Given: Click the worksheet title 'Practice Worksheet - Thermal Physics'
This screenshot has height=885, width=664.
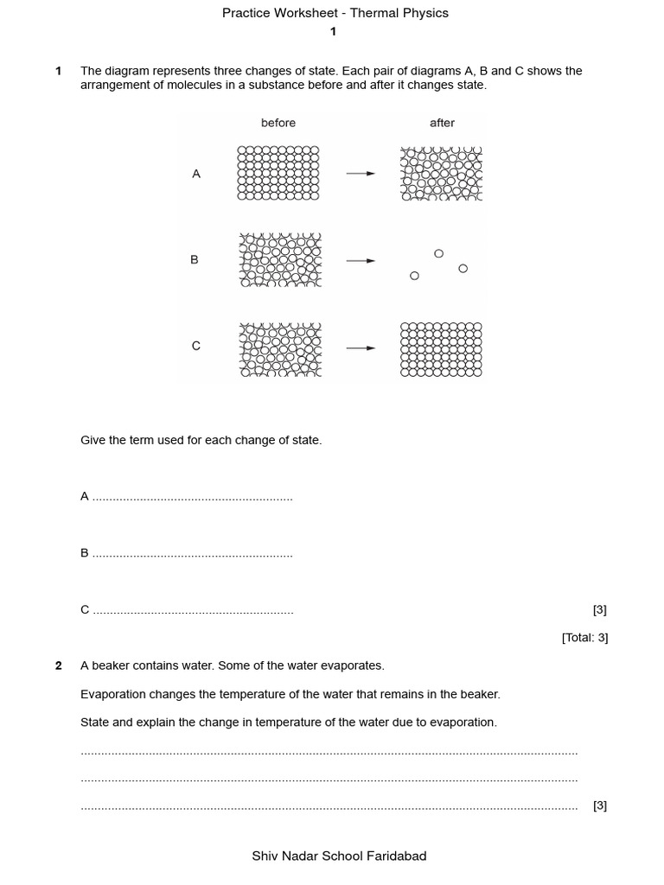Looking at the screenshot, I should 335,13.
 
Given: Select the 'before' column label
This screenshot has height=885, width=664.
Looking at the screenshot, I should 278,123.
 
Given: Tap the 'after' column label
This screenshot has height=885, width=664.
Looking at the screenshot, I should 442,123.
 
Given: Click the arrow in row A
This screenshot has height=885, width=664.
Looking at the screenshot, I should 361,174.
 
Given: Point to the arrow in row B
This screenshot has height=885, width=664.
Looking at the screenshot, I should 361,260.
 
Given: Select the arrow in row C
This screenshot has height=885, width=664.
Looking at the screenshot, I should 361,348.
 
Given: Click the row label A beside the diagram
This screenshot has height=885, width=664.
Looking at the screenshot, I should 196,174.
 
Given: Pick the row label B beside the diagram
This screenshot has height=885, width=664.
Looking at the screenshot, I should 195,259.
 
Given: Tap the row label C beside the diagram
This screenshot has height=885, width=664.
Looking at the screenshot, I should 196,346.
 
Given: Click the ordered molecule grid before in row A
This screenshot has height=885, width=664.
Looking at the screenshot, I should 278,173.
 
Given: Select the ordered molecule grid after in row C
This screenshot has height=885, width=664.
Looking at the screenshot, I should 441,349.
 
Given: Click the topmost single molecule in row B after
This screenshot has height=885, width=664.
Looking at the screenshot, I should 438,253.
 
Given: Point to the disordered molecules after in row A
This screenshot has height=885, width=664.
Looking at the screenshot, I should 441,174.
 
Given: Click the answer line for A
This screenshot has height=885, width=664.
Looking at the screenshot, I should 192,499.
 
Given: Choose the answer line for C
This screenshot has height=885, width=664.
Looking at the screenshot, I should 192,612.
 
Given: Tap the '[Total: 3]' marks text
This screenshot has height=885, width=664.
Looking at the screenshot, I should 584,638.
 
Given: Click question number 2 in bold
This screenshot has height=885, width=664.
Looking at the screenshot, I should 58,665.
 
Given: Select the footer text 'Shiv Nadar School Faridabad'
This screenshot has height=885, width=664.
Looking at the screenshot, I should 339,856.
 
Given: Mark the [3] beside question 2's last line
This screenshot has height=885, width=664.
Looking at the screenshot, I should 600,805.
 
